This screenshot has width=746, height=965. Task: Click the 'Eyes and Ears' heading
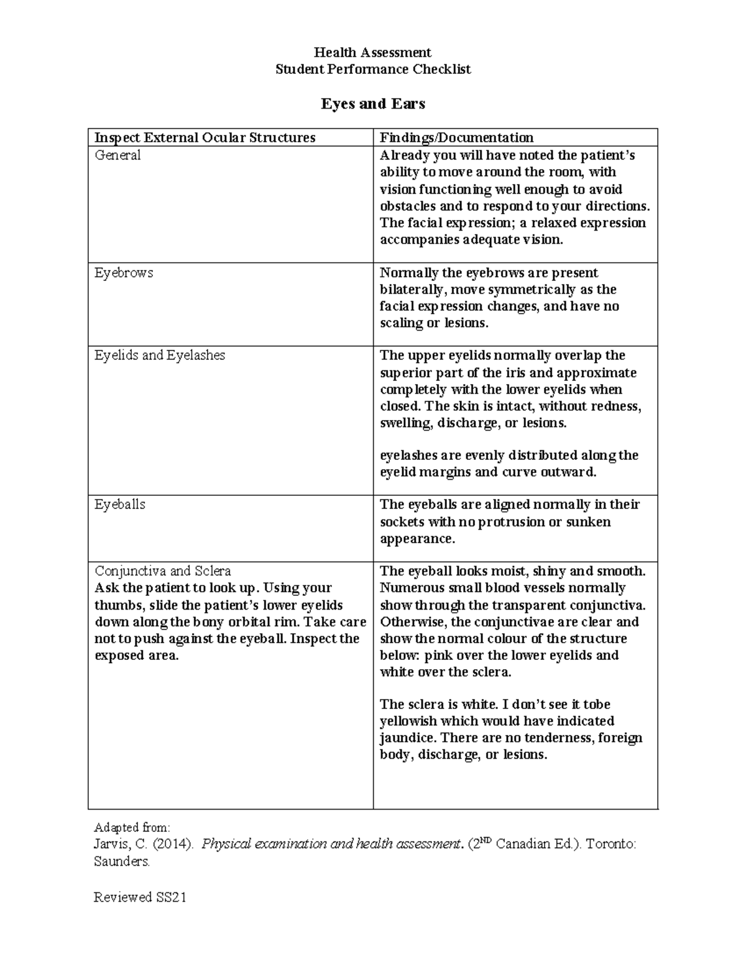point(372,104)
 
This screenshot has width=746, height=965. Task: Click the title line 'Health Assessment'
point(372,52)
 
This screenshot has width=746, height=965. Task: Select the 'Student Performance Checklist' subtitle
point(372,69)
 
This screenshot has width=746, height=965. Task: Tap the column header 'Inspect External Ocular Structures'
point(205,137)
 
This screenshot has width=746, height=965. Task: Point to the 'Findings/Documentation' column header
point(456,137)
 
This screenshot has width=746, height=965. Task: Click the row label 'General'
point(117,155)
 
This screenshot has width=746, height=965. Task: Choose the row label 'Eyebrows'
point(124,273)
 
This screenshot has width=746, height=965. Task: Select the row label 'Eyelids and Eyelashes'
point(160,355)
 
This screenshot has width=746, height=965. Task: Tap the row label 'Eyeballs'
point(120,505)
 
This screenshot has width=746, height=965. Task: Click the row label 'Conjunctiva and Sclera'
point(163,571)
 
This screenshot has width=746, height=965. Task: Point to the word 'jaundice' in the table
point(407,738)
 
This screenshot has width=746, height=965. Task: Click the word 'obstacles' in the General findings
point(408,206)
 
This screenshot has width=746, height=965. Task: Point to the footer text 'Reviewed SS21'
point(140,897)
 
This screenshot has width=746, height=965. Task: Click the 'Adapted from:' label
point(131,828)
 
